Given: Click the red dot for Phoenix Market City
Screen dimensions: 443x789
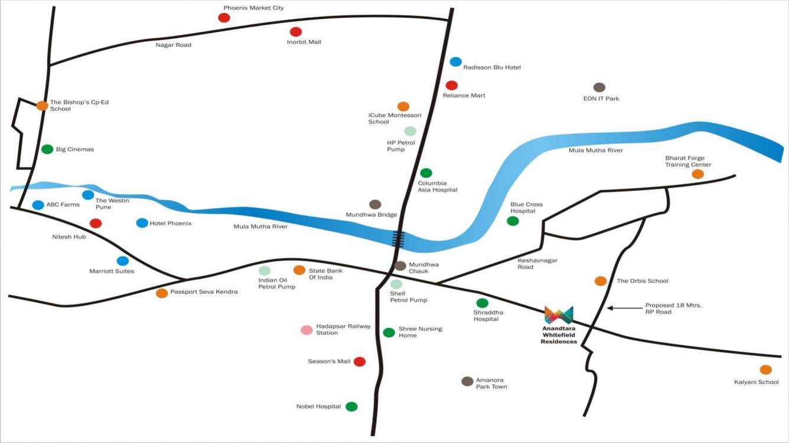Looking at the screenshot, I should [x=224, y=18].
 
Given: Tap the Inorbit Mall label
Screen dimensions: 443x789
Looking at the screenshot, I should [x=304, y=42].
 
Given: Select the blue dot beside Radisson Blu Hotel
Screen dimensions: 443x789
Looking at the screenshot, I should [x=455, y=62].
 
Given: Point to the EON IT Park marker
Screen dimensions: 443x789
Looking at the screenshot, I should [x=599, y=87].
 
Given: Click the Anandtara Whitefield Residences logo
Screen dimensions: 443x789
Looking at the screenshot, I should [x=559, y=315].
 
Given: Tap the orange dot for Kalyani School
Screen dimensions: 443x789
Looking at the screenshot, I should [x=765, y=370].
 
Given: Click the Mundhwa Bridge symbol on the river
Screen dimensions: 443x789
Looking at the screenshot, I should [x=399, y=238].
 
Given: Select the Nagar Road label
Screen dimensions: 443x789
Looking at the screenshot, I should [x=173, y=45].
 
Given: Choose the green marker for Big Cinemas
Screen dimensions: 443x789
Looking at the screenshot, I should [x=47, y=149].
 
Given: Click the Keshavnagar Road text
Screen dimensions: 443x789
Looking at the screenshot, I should [x=537, y=264].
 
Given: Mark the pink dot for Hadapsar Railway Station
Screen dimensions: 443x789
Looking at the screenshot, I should [x=307, y=330].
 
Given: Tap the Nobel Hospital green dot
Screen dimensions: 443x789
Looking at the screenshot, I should [x=351, y=406].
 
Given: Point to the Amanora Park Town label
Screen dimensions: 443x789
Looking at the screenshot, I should [x=491, y=383].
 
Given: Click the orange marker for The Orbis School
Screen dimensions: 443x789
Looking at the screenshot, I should [x=601, y=281].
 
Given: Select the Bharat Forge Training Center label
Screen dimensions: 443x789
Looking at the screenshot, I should [x=688, y=162].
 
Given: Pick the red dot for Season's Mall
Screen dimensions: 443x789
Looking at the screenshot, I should [x=359, y=362].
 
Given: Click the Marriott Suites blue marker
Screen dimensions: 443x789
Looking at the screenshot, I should [x=123, y=261].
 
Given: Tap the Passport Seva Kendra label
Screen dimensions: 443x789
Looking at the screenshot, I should [x=204, y=292].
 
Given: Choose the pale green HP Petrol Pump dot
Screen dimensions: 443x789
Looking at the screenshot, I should [x=410, y=131].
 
